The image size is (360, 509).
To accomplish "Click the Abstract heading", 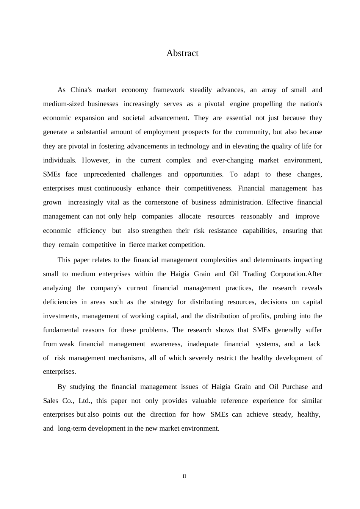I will (x=182, y=53).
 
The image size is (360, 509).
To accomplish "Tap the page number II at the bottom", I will (x=184, y=476).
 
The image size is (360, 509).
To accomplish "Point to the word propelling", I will (x=268, y=104).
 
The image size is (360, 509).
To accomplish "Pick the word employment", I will (x=161, y=132).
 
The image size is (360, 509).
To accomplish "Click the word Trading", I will (x=254, y=274).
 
